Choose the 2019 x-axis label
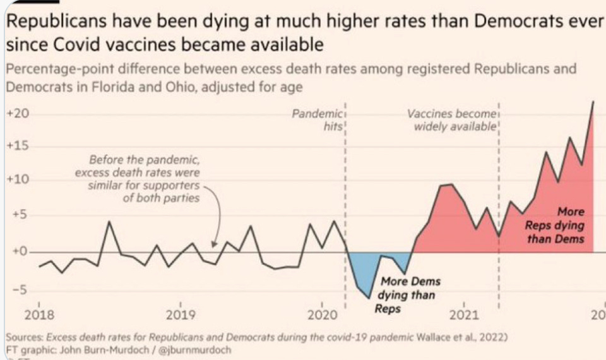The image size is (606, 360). [181, 315]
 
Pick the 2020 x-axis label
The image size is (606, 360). [323, 315]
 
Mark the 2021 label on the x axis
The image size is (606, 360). [465, 315]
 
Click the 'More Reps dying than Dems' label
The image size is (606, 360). [555, 225]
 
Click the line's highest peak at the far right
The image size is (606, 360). [593, 102]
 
